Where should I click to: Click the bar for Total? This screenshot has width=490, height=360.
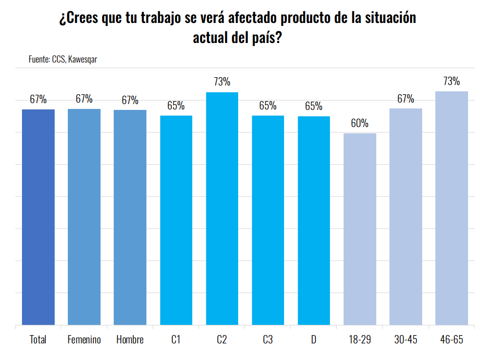pyautogui.click(x=38, y=217)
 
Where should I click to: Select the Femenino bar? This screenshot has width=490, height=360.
pyautogui.click(x=84, y=217)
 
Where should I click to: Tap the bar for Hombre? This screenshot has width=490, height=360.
pyautogui.click(x=130, y=217)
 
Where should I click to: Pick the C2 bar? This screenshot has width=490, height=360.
pyautogui.click(x=222, y=209)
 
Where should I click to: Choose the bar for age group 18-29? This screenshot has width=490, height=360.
pyautogui.click(x=360, y=229)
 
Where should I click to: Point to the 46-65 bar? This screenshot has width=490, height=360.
pyautogui.click(x=451, y=208)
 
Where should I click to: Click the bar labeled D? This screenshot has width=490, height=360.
pyautogui.click(x=314, y=220)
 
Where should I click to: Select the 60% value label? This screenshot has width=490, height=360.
pyautogui.click(x=360, y=123)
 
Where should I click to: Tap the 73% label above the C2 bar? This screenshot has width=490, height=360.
pyautogui.click(x=222, y=82)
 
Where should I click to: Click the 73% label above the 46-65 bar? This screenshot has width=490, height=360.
pyautogui.click(x=451, y=81)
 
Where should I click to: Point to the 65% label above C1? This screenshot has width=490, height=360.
pyautogui.click(x=176, y=106)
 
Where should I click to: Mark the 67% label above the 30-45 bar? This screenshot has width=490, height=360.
pyautogui.click(x=406, y=99)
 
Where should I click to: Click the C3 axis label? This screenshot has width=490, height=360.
pyautogui.click(x=267, y=339)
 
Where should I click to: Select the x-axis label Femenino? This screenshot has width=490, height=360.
pyautogui.click(x=84, y=339)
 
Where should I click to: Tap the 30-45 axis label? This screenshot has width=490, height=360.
pyautogui.click(x=406, y=339)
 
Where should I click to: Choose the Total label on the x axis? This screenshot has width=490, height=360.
pyautogui.click(x=38, y=339)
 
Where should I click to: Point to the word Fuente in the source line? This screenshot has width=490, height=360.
pyautogui.click(x=39, y=60)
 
